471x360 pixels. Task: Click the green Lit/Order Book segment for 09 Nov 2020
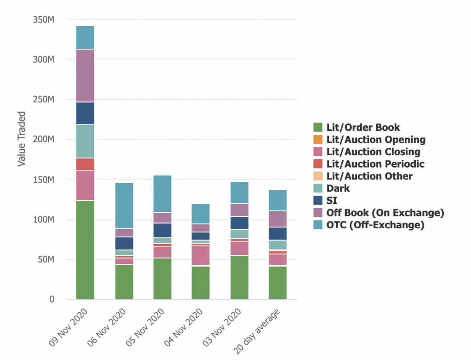85,250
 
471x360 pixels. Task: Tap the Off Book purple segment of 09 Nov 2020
85,75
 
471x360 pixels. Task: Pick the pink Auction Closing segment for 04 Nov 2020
201,255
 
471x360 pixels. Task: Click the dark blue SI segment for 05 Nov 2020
162,230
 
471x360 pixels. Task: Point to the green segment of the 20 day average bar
278,283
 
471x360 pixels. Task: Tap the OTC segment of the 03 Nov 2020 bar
240,192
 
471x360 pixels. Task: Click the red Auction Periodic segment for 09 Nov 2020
85,164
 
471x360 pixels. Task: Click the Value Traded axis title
21,139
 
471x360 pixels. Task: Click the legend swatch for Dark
318,188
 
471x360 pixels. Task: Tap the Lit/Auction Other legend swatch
318,176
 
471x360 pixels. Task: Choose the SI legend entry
332,201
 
